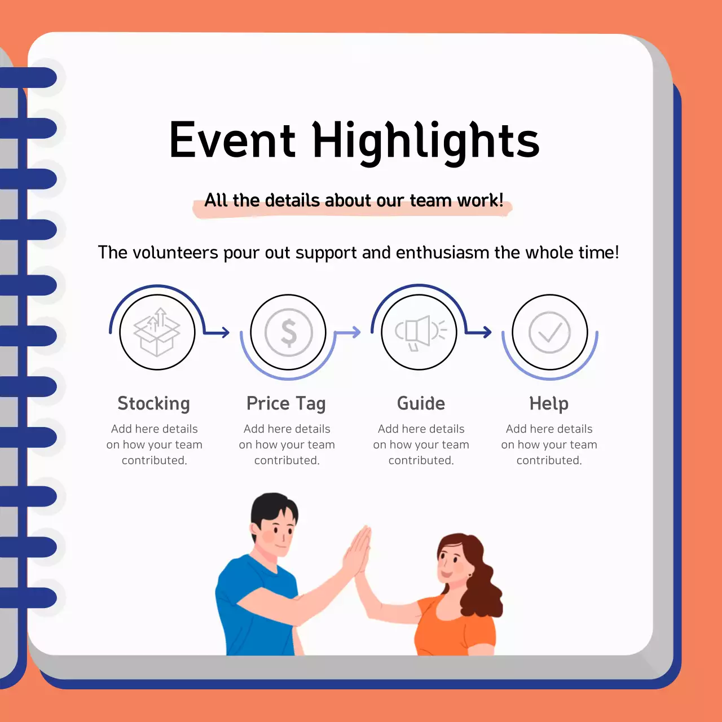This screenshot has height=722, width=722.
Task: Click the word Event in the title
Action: [232, 140]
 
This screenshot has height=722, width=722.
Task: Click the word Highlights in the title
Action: [426, 140]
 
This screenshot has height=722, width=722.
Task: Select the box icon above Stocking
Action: [157, 332]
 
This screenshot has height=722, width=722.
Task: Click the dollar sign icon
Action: [288, 332]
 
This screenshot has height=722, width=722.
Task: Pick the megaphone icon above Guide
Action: [420, 332]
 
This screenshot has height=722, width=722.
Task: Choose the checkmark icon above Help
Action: [550, 332]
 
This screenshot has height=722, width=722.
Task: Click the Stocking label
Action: [153, 404]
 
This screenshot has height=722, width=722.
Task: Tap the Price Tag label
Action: [286, 404]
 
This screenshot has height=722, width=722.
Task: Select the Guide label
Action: [421, 404]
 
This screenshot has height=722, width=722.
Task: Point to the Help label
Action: [549, 404]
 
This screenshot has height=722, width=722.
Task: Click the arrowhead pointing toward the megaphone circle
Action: [356, 332]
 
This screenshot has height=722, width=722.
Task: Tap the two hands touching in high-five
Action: [358, 550]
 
